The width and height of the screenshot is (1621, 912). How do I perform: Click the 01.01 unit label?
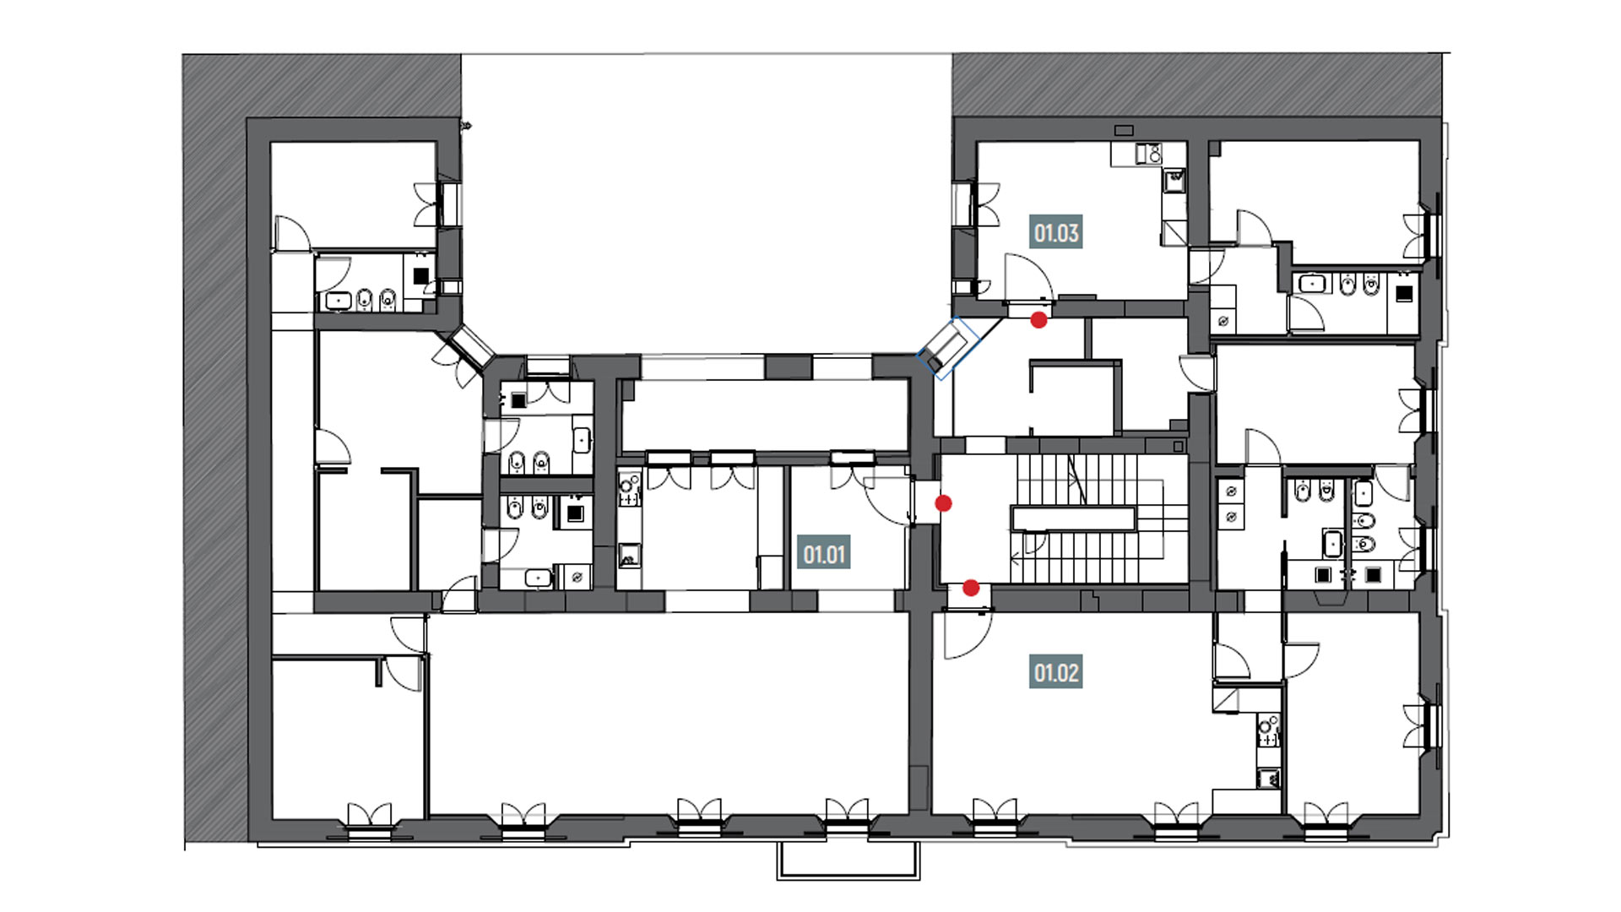824,555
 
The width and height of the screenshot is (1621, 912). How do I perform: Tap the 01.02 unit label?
1056,673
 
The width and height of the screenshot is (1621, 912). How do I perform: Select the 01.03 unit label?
1056,232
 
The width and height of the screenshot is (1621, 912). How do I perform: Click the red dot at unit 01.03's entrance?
1039,320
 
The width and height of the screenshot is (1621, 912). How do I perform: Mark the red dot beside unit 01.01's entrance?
944,503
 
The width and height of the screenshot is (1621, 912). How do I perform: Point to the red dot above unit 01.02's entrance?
971,588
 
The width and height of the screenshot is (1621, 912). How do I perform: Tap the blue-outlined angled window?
946,348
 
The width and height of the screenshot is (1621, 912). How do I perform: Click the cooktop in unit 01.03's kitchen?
1147,155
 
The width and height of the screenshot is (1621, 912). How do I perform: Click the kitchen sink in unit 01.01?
627,556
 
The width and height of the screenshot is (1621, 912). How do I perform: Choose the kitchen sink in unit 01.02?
1267,779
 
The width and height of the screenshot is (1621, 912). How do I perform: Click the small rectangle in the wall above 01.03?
1124,131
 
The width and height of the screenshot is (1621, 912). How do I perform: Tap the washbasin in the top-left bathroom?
339,299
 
